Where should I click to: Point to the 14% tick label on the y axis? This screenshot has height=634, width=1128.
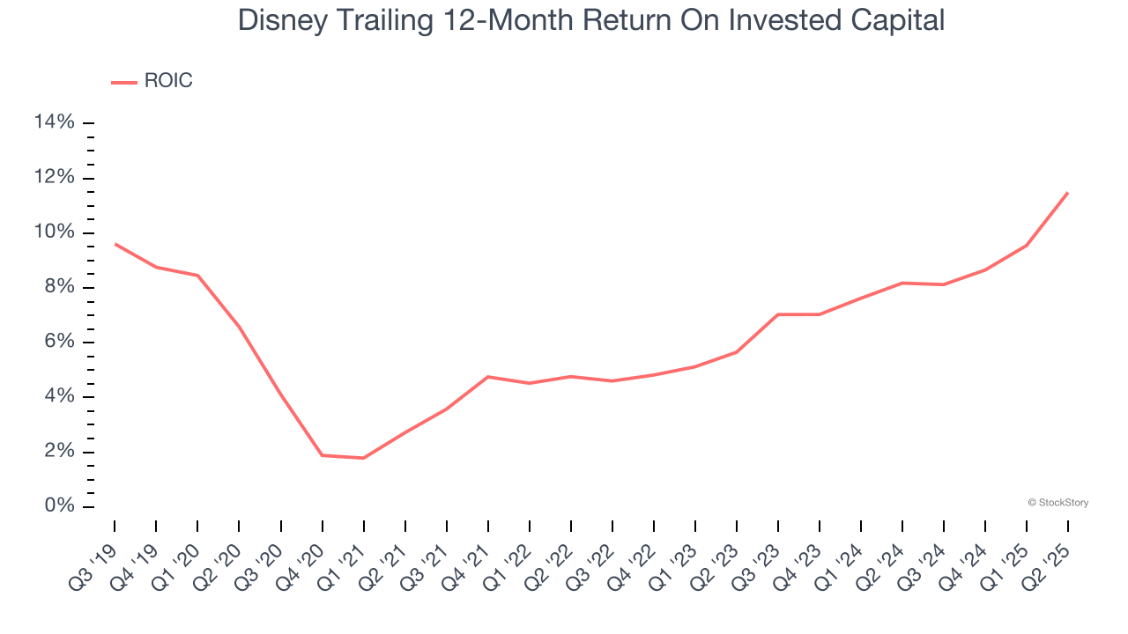coord(54,122)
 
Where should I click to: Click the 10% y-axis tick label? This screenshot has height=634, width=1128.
coord(54,232)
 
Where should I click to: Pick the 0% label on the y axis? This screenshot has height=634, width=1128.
coord(59,506)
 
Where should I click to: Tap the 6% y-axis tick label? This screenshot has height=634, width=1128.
coord(59,342)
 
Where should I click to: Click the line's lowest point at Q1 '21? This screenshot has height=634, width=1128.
coord(363,458)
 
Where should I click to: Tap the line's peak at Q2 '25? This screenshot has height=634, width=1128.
coord(1068,192)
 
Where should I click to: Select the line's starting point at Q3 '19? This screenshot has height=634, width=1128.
coord(115,244)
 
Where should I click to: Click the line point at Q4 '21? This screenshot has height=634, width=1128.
coord(487,377)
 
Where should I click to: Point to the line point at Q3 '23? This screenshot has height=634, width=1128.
coord(778,314)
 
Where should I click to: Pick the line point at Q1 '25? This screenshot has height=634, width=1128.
coord(1027,245)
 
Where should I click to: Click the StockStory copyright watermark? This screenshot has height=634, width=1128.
coord(1057,503)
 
